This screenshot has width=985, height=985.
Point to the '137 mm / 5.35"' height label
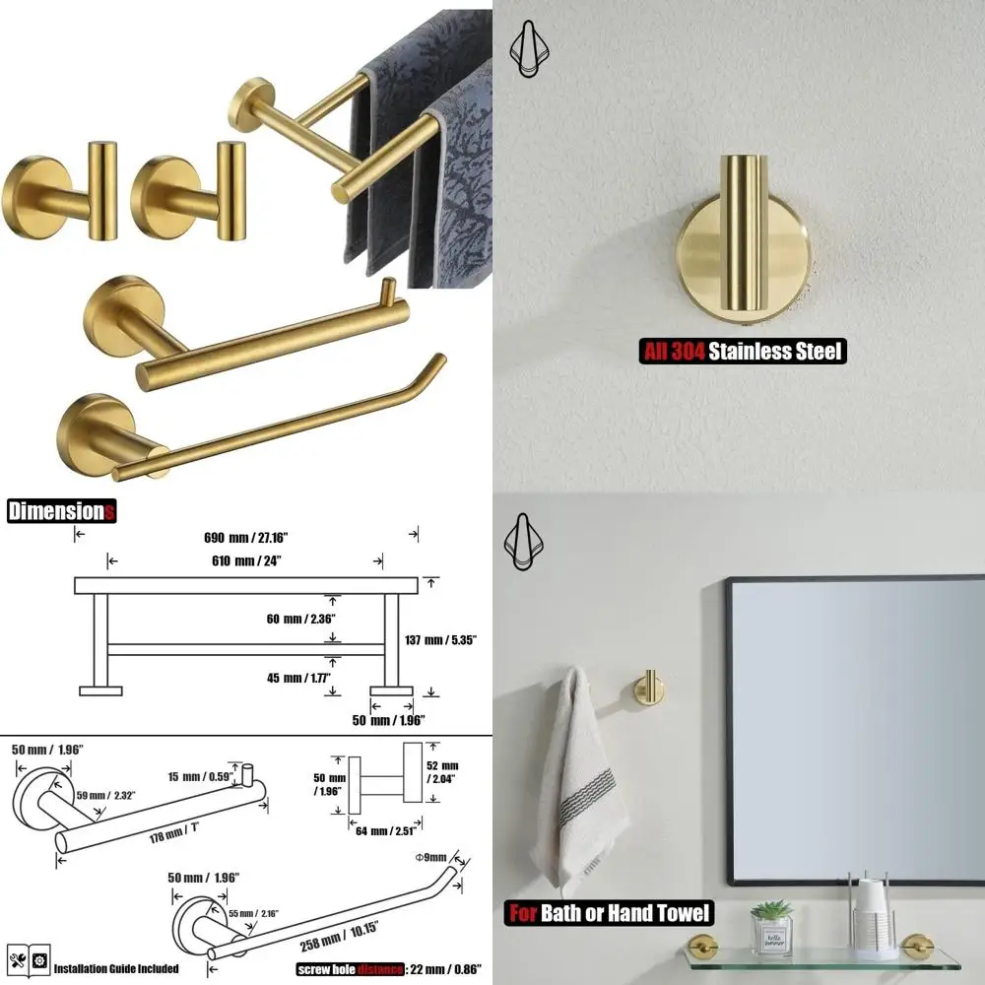pyautogui.click(x=441, y=639)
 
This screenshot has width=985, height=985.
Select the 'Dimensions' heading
pyautogui.click(x=61, y=511)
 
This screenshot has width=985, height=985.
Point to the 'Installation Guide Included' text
pyautogui.click(x=117, y=968)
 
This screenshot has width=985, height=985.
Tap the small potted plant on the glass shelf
pyautogui.click(x=770, y=924)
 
